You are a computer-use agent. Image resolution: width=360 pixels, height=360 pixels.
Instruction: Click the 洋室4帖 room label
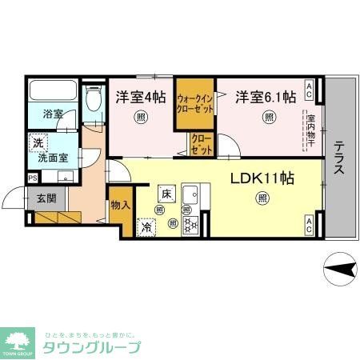pyautogui.click(x=140, y=97)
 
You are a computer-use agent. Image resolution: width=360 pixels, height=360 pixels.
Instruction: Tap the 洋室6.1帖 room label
pyautogui.click(x=265, y=97)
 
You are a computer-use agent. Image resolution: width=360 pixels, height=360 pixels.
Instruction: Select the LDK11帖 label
pyautogui.click(x=262, y=178)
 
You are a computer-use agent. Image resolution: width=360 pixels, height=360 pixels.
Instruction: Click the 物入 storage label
pyautogui.click(x=120, y=206)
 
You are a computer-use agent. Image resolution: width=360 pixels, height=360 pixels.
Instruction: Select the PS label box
pyautogui.click(x=32, y=178)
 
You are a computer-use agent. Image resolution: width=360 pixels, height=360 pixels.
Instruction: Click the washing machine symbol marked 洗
pyautogui.click(x=38, y=143)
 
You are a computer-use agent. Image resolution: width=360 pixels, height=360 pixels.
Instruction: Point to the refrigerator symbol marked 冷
pyautogui.click(x=147, y=227)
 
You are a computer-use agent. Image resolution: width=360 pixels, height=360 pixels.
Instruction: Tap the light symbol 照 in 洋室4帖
pyautogui.click(x=141, y=117)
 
